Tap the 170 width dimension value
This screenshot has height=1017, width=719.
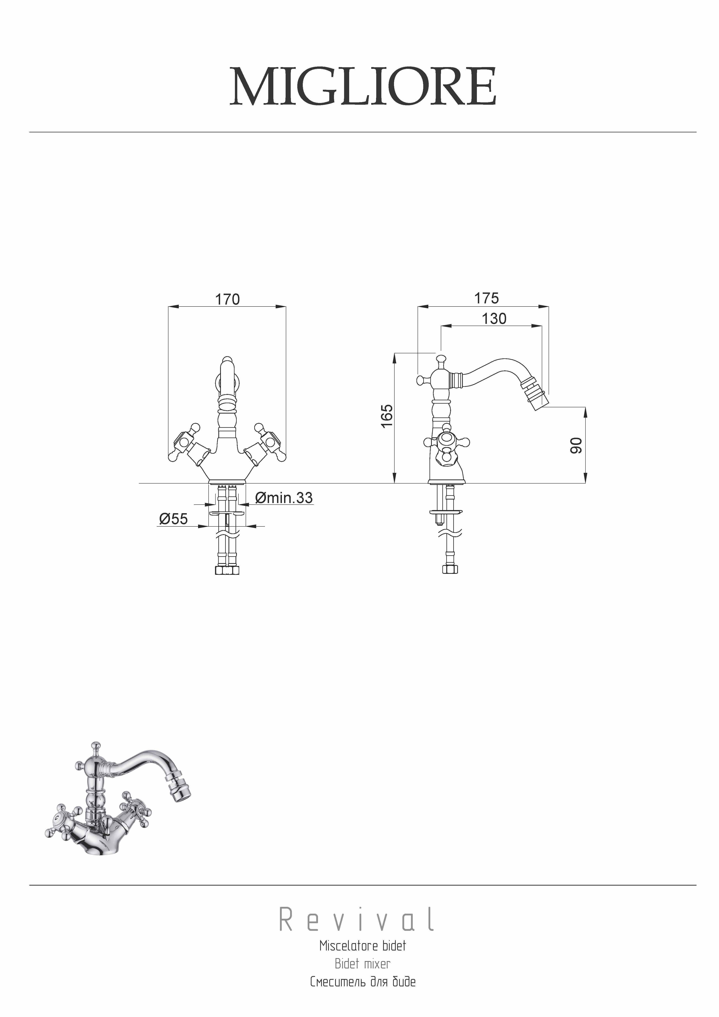tap(227, 299)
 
